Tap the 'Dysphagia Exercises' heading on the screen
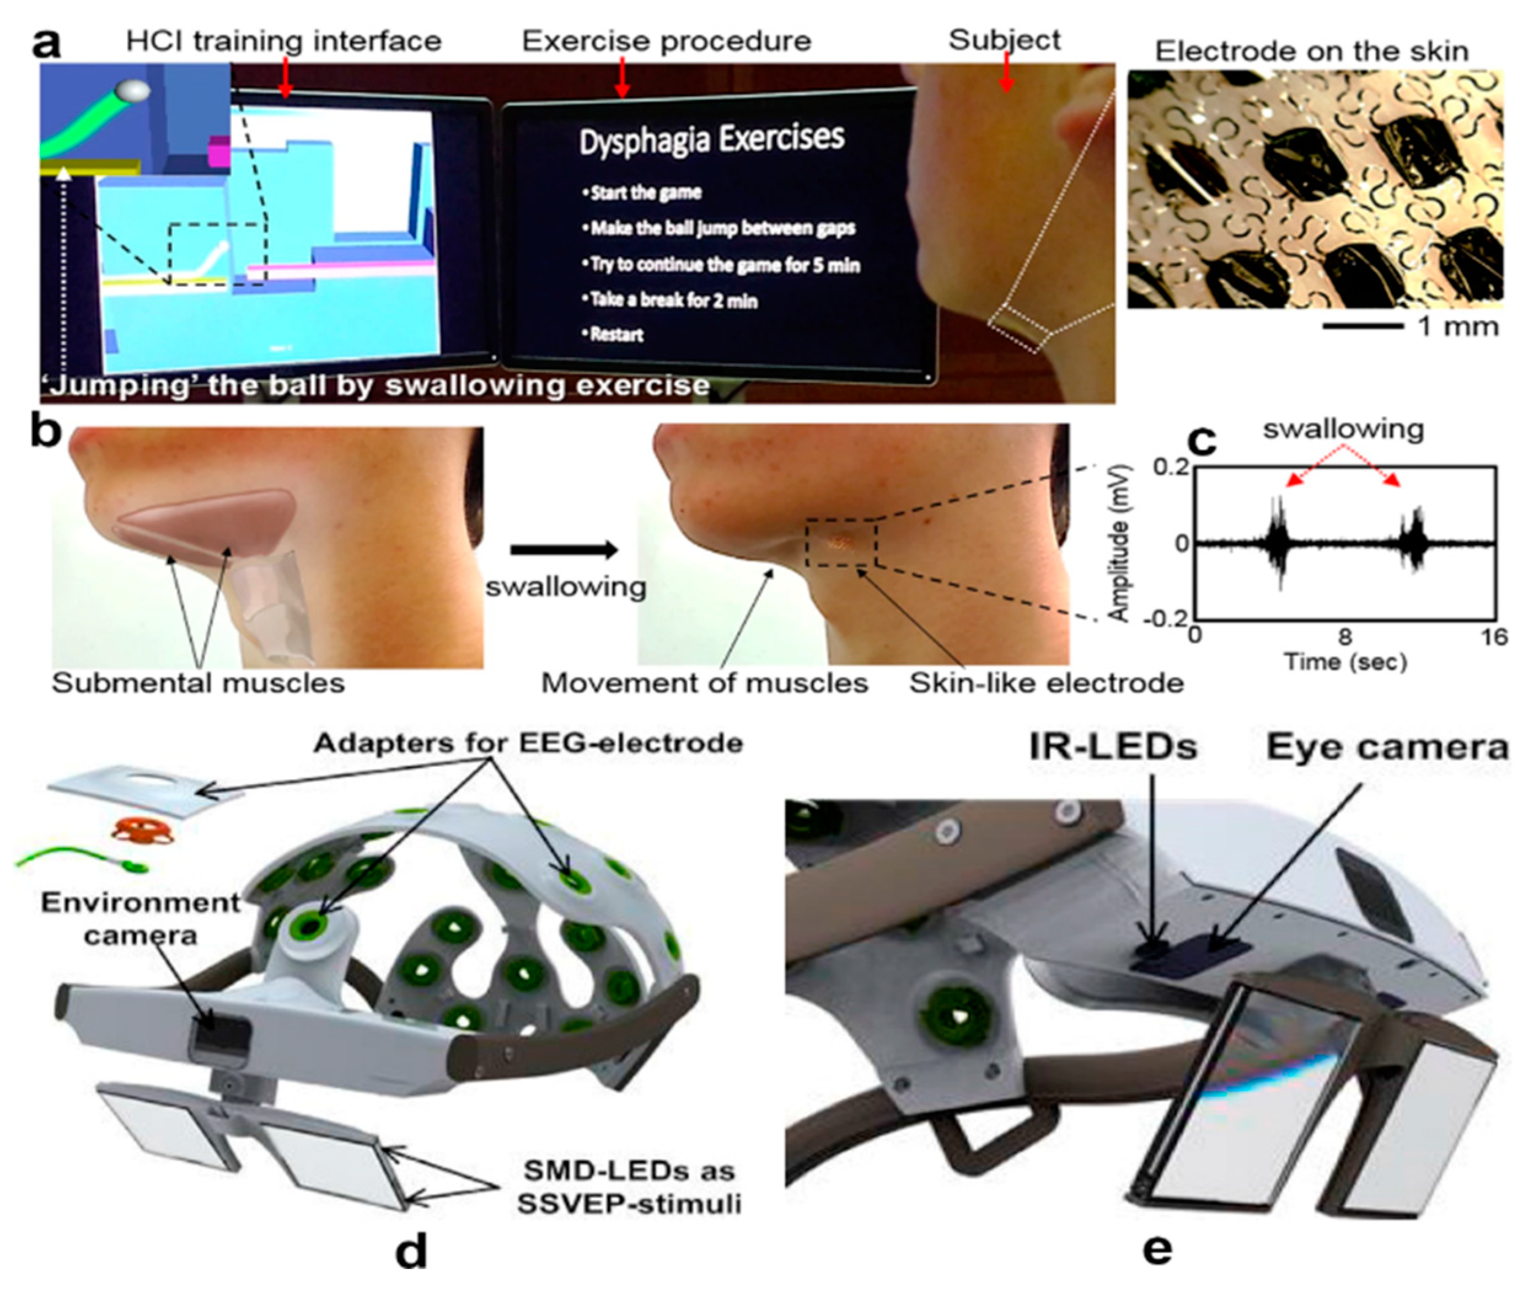[x=711, y=140]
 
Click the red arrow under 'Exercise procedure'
[x=623, y=77]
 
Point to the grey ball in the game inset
[x=134, y=91]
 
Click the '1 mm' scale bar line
[x=1361, y=325]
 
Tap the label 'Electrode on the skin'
[x=1312, y=52]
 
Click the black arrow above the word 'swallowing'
[x=564, y=549]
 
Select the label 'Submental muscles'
[x=198, y=683]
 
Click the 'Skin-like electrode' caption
[x=1046, y=683]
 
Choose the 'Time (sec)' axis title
[x=1345, y=662]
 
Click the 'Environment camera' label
[x=140, y=918]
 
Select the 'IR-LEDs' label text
[x=1113, y=749]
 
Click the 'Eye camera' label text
[x=1386, y=749]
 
